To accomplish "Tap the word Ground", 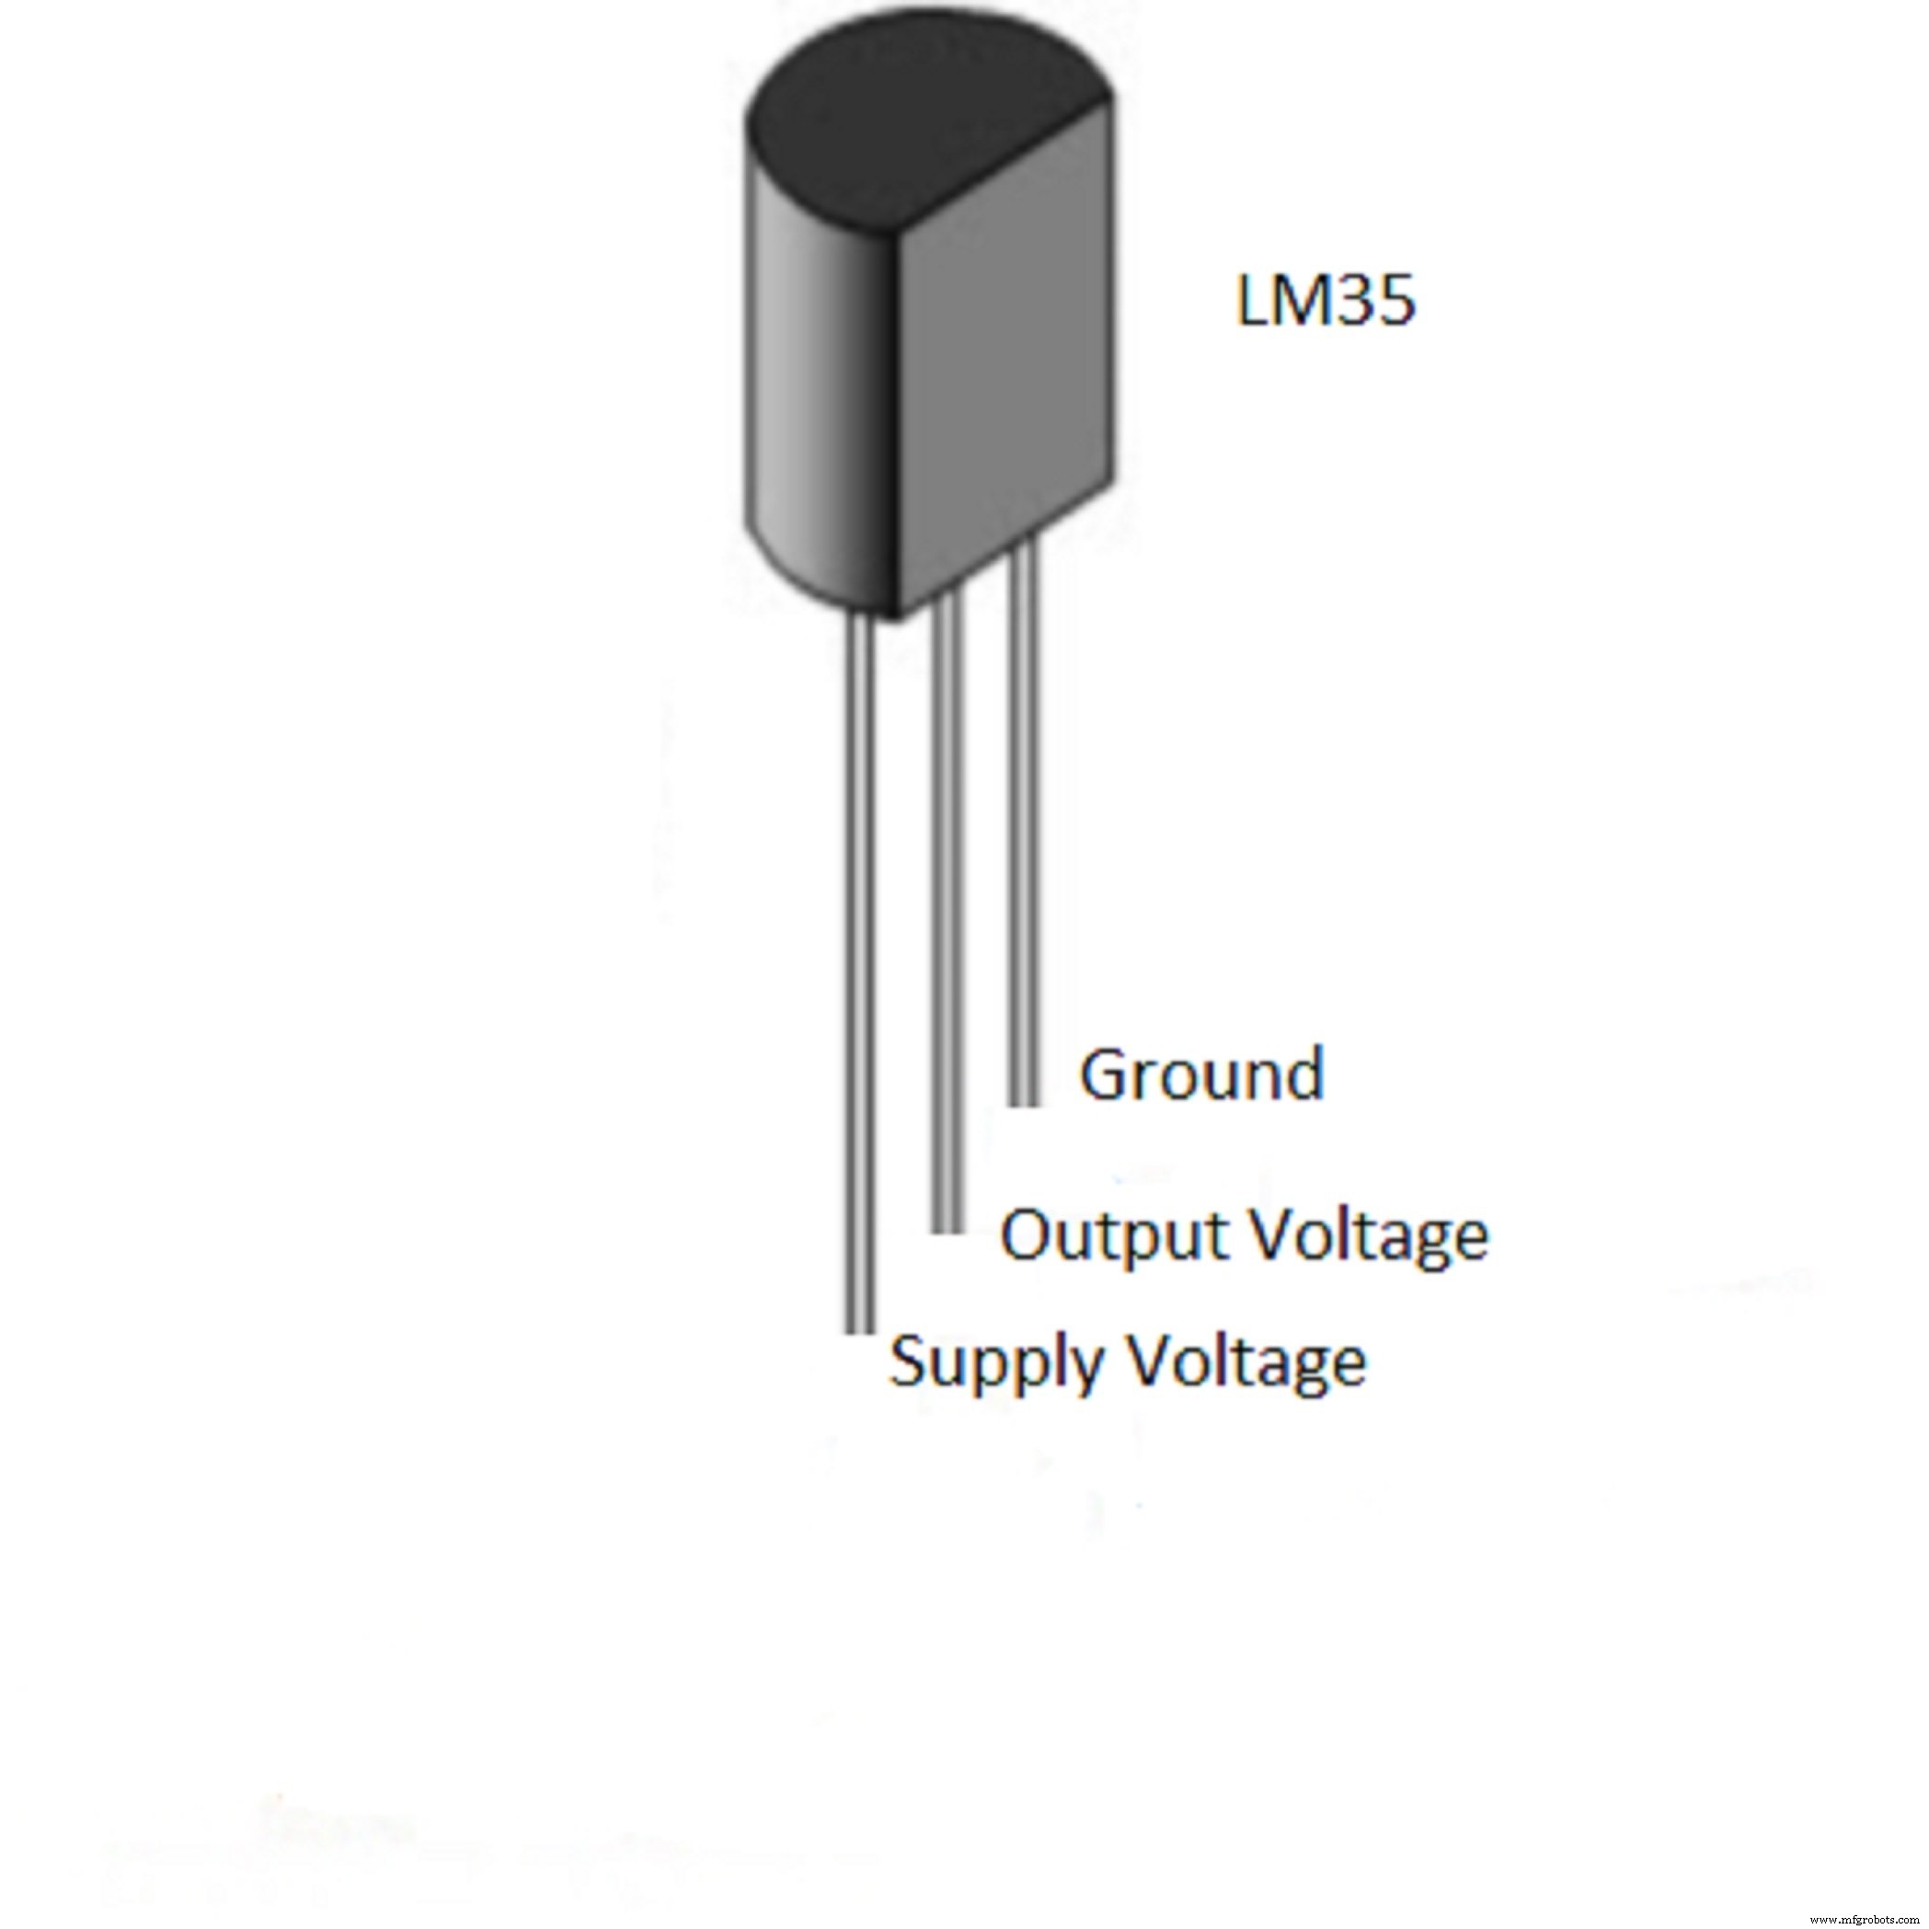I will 1202,1075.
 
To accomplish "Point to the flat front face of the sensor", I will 1008,379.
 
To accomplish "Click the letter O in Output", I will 1028,1234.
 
